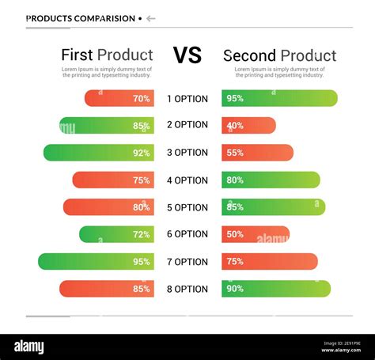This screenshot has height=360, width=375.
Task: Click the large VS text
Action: [187, 55]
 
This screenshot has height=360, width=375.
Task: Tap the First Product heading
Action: [107, 55]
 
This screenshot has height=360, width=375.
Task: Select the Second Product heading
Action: [279, 55]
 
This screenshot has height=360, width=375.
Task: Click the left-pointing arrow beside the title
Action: [151, 18]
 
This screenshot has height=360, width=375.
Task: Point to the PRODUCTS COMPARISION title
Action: [80, 18]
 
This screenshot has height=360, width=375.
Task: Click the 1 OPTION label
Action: [187, 99]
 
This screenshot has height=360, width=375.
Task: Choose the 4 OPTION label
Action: [187, 180]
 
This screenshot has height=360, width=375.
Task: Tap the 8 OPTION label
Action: [187, 289]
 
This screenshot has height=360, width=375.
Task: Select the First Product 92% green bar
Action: [98, 153]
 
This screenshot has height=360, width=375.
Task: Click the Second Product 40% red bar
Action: [248, 125]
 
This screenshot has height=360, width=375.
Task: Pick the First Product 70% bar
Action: [119, 99]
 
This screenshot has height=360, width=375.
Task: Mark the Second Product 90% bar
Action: [275, 289]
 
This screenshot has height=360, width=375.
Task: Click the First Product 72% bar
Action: [116, 234]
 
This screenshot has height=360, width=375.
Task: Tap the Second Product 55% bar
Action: [257, 153]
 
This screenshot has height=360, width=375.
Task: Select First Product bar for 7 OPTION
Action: [96, 261]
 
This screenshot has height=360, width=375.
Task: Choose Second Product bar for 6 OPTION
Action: [255, 234]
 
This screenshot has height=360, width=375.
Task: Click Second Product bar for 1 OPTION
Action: [279, 99]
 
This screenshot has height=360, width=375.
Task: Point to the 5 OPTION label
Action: [187, 207]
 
